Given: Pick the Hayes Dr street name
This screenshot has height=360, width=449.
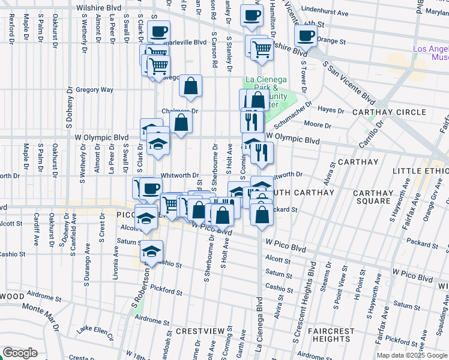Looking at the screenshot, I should [331, 110].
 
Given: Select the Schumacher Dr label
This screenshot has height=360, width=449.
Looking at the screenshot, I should [294, 113].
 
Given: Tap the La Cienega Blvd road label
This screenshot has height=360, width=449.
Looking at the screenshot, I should [259, 324].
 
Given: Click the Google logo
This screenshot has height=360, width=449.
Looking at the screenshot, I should [20, 353].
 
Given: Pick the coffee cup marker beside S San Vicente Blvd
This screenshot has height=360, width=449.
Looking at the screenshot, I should [306, 36].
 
